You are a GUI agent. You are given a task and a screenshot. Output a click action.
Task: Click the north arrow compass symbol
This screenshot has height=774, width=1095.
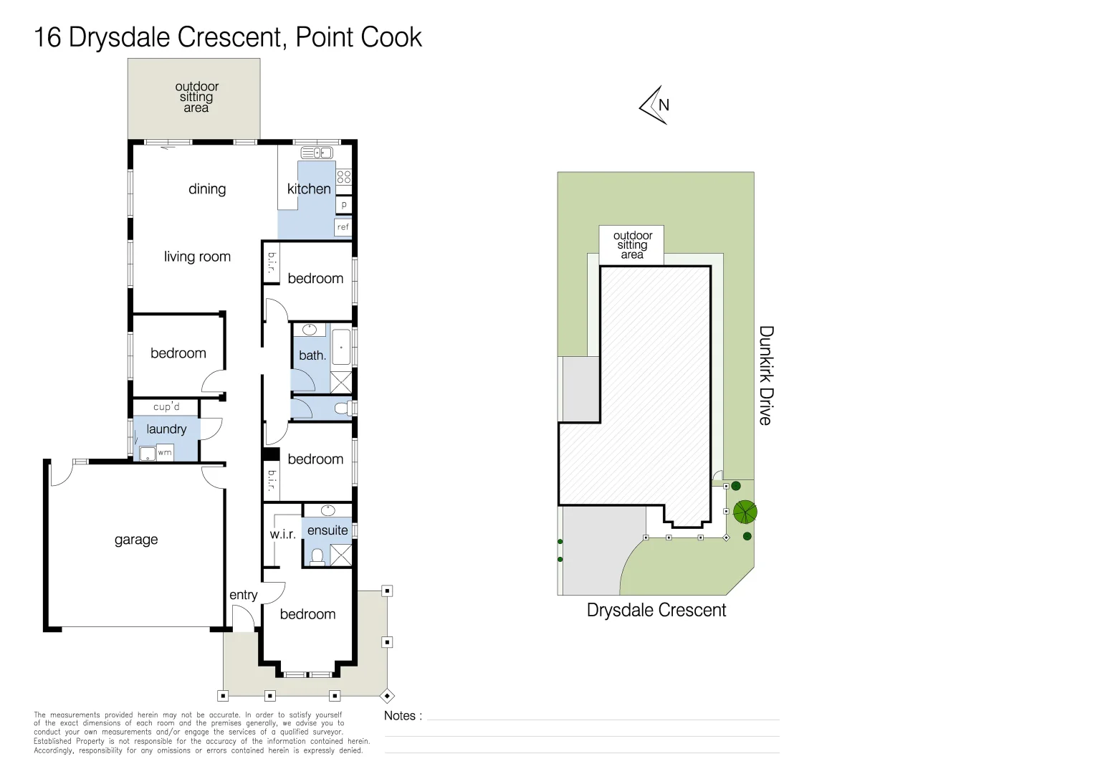tap(654, 105)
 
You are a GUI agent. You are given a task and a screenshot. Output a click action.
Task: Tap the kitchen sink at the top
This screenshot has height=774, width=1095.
tap(317, 153)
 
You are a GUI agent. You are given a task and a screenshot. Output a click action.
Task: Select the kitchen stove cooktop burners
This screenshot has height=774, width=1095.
tap(344, 176)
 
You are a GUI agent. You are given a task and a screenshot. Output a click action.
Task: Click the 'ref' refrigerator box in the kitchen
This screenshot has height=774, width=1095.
tap(343, 227)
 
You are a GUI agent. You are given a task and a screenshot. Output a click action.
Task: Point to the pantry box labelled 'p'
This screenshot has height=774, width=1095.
tap(344, 204)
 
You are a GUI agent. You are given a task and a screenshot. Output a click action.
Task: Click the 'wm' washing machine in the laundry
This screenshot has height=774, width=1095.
tap(165, 453)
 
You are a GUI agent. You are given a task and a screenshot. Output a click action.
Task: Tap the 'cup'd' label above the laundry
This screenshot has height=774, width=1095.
tap(166, 407)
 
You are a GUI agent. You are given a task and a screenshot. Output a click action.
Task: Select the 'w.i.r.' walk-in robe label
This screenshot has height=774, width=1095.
tap(282, 534)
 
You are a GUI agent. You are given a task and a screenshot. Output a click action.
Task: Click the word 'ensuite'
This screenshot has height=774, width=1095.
tap(327, 530)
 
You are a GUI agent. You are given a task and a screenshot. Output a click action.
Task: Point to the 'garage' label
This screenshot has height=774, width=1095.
tap(136, 540)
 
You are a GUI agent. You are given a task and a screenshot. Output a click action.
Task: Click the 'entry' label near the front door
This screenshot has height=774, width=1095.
tap(244, 595)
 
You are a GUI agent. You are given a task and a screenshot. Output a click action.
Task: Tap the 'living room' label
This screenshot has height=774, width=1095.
tap(197, 257)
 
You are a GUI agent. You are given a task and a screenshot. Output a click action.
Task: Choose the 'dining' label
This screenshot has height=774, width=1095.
tap(207, 189)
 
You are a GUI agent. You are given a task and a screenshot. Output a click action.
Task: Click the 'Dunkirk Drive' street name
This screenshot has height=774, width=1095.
tap(766, 376)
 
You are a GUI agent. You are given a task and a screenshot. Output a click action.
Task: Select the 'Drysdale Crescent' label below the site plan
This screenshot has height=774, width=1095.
tap(656, 610)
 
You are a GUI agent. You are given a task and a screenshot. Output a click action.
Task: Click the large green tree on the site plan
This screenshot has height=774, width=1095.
tap(745, 512)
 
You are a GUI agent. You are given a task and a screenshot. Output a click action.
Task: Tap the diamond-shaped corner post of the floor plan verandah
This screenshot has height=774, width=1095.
tap(387, 695)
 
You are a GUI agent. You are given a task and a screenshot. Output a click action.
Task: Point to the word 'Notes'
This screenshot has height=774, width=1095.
tap(399, 716)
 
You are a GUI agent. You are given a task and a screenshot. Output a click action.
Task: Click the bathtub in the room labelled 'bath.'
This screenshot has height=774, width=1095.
tap(342, 348)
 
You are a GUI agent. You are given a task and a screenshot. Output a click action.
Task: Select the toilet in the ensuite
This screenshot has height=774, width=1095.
tap(317, 556)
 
